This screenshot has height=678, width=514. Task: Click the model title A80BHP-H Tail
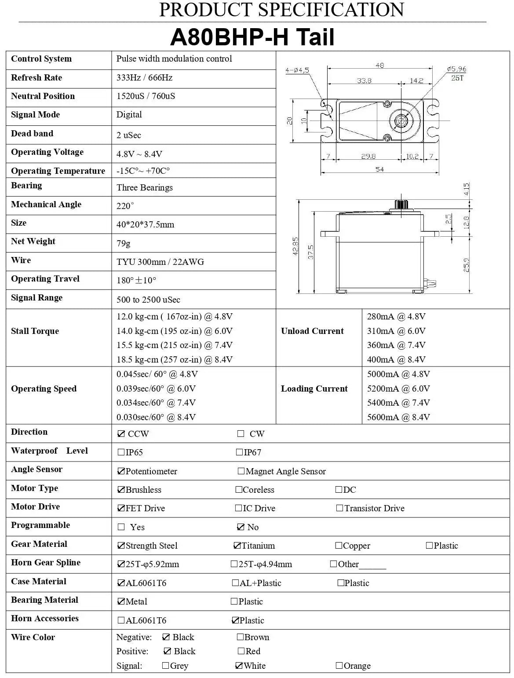pyautogui.click(x=252, y=37)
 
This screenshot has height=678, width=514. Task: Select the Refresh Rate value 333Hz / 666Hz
pyautogui.click(x=144, y=78)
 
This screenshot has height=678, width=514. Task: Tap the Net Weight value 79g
pyautogui.click(x=123, y=243)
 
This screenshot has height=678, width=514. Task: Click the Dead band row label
pyautogui.click(x=32, y=134)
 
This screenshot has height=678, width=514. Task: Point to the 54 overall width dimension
pyautogui.click(x=379, y=169)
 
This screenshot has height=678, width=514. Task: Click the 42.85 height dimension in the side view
pyautogui.click(x=295, y=246)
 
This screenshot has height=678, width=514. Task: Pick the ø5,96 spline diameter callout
pyautogui.click(x=456, y=69)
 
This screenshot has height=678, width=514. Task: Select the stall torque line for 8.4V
pyautogui.click(x=174, y=359)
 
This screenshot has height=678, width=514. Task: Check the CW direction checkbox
pyautogui.click(x=241, y=434)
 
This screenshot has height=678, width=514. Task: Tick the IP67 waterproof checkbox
pyautogui.click(x=240, y=452)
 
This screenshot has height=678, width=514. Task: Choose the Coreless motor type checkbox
pyautogui.click(x=239, y=490)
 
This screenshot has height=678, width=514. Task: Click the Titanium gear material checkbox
pyautogui.click(x=237, y=546)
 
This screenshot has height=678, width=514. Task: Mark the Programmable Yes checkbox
pyautogui.click(x=121, y=527)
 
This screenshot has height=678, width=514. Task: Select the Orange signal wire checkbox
pyautogui.click(x=339, y=666)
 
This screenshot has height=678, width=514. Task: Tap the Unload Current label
pyautogui.click(x=312, y=331)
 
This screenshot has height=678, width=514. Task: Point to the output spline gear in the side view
pyautogui.click(x=401, y=204)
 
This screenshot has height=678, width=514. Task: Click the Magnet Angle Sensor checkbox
pyautogui.click(x=241, y=471)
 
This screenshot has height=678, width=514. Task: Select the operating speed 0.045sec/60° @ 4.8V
pyautogui.click(x=157, y=374)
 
